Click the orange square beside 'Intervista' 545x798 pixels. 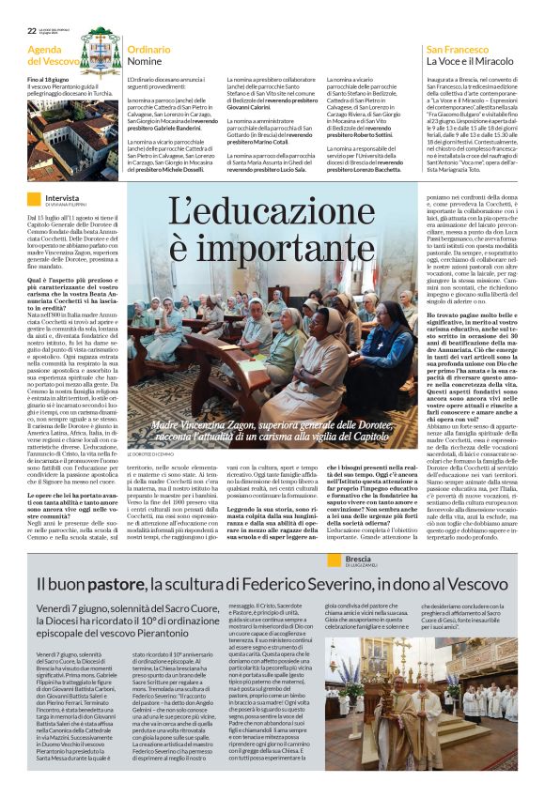[34, 199]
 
